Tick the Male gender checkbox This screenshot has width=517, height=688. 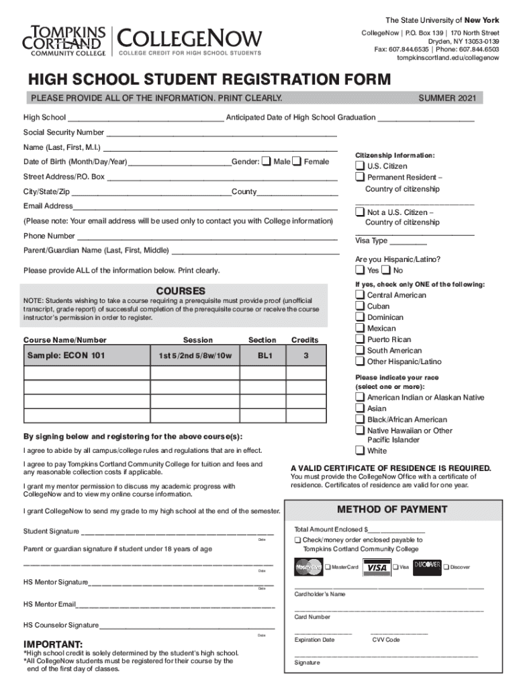point(267,161)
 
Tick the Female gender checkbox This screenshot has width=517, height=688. point(297,161)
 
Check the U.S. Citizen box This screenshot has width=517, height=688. point(360,166)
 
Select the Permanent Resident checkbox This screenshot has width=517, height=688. point(360,177)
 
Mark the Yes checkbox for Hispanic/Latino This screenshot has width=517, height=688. point(360,270)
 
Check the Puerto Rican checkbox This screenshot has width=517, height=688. point(360,339)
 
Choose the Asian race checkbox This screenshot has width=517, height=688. point(360,408)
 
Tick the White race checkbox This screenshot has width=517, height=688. point(360,451)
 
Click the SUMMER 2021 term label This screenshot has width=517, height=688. point(447,98)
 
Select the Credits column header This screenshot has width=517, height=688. point(305,340)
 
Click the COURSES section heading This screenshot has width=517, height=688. point(181,291)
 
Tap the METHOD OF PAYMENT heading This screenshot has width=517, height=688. point(392,509)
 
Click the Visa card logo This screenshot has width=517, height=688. point(378,567)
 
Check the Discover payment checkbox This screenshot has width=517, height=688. point(446,567)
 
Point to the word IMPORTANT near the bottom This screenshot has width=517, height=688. point(53,644)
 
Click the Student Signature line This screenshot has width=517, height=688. point(177,531)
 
